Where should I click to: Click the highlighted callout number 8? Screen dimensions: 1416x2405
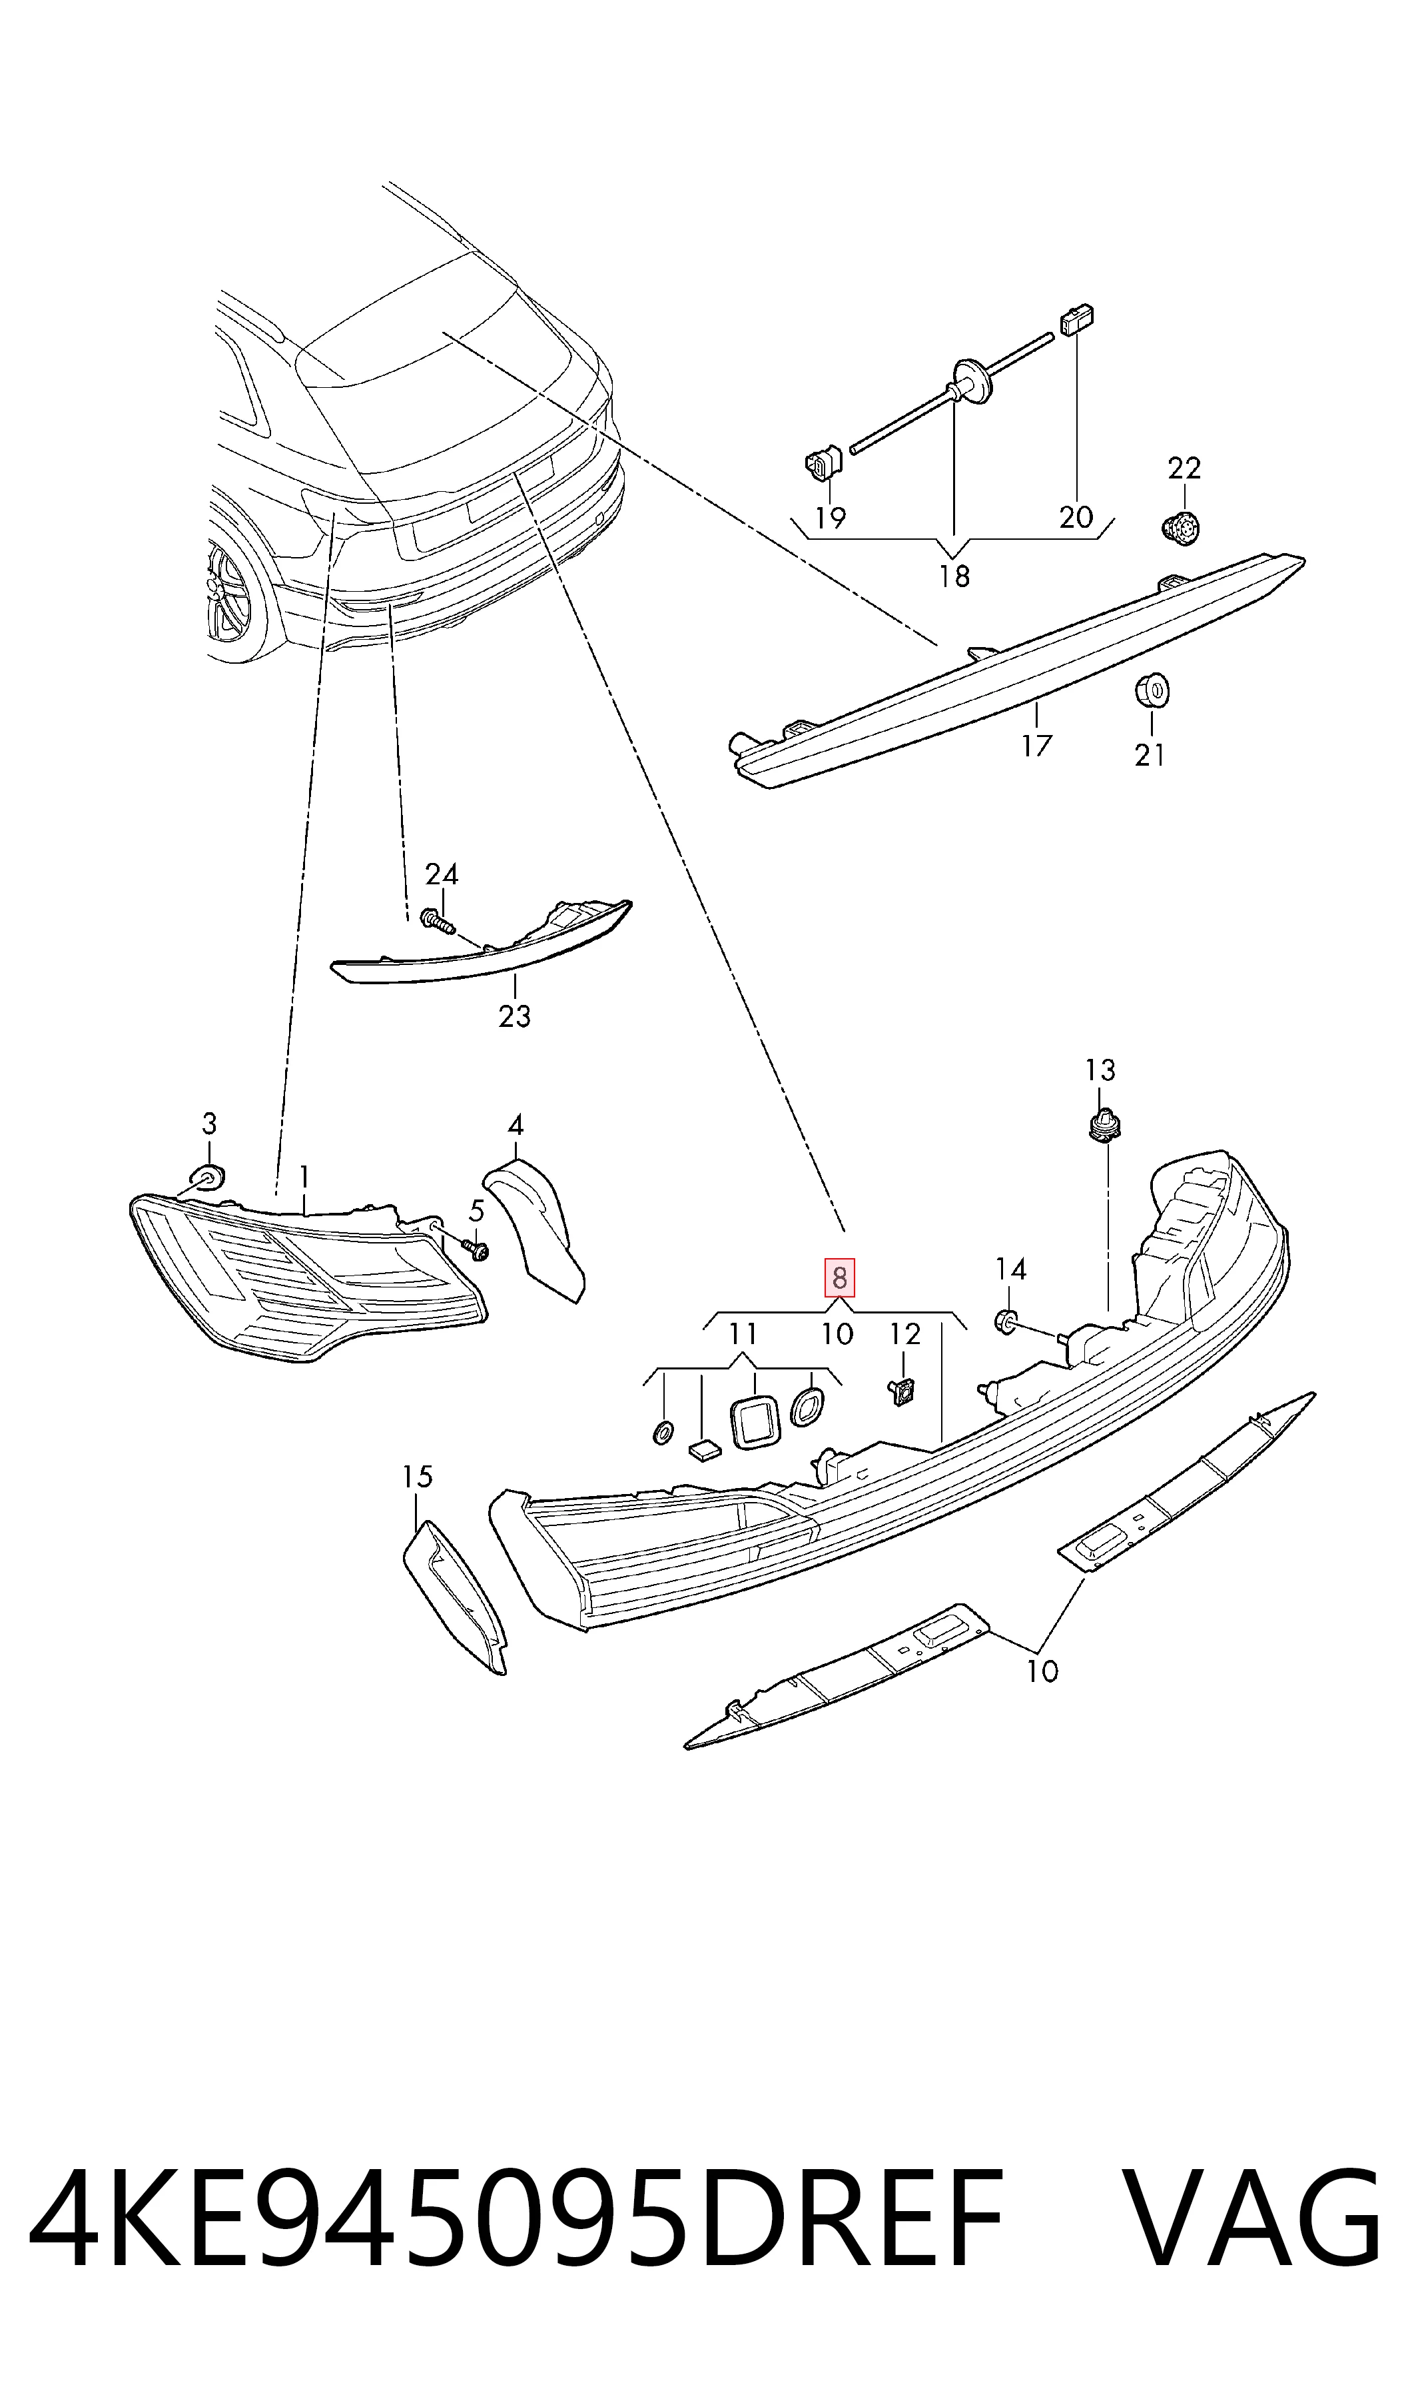tap(839, 1278)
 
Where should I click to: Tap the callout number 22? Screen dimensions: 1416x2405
tap(1184, 468)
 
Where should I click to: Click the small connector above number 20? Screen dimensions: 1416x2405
tap(1076, 320)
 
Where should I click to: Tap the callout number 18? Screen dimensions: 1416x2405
tap(954, 576)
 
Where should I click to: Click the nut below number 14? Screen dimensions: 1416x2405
tap(1006, 1321)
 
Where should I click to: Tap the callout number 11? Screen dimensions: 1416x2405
tap(743, 1333)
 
